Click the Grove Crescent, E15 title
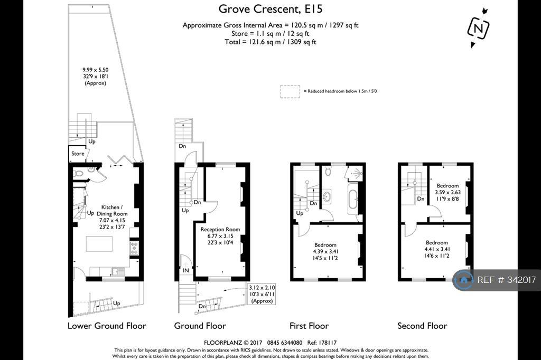tap(270, 8)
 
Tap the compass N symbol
tap(479, 29)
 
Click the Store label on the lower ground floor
tap(78, 154)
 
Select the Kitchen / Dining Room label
tap(112, 210)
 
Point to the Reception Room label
tap(220, 229)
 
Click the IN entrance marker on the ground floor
tap(186, 270)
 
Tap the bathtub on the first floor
tap(352, 196)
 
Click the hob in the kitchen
tap(134, 248)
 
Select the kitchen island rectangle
tap(99, 244)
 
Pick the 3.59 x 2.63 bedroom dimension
tap(447, 193)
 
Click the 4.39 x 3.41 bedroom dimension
tap(325, 251)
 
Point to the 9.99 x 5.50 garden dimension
tap(95, 70)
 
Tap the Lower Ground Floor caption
tap(107, 326)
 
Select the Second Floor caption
tap(422, 326)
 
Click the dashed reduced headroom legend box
tap(290, 91)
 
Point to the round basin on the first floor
tap(327, 197)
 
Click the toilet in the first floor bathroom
tap(328, 170)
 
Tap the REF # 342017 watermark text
tap(507, 280)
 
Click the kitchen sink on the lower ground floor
tap(118, 271)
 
